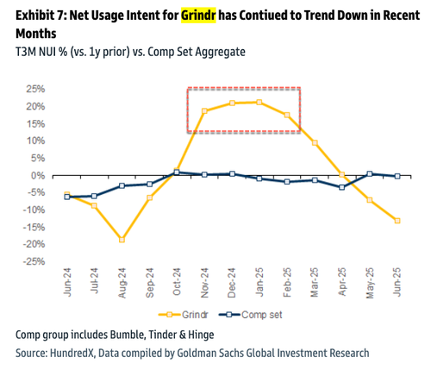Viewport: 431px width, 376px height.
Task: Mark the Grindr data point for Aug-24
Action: point(122,239)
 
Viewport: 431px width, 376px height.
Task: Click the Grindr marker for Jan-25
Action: point(259,102)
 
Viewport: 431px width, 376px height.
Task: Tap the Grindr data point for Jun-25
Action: point(397,221)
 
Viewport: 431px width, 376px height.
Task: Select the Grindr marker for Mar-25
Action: point(315,142)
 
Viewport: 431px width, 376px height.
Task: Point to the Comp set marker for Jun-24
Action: point(66,197)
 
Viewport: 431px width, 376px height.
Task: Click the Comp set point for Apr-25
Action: point(342,187)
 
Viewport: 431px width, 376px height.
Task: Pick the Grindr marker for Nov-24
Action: point(204,110)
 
